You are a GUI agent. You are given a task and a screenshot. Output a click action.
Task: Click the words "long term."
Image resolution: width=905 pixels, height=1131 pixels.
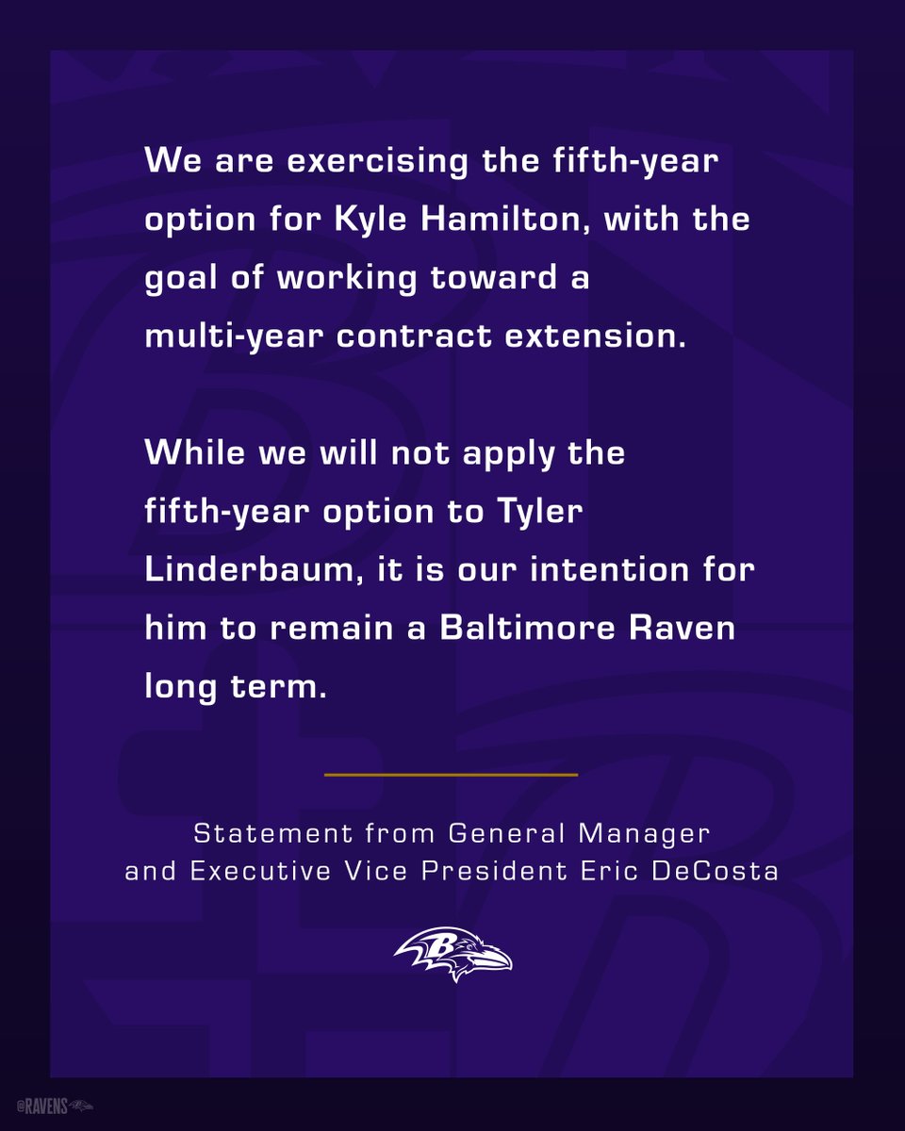(x=236, y=688)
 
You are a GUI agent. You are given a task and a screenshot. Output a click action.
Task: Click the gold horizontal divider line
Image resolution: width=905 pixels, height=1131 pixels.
(x=451, y=775)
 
